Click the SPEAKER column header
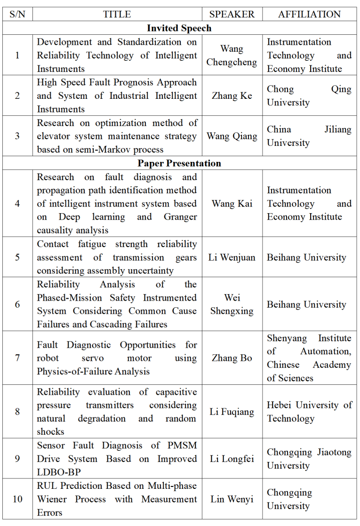click(x=232, y=14)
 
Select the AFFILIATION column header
click(x=309, y=14)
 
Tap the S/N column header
click(x=17, y=14)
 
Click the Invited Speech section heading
click(x=179, y=28)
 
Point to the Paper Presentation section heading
click(x=179, y=163)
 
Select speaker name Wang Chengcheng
click(x=232, y=56)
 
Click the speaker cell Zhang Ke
click(x=232, y=96)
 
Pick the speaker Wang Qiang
click(x=232, y=136)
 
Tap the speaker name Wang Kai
click(x=232, y=204)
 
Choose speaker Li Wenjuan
click(x=232, y=257)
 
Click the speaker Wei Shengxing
click(x=232, y=304)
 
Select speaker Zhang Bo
click(x=232, y=358)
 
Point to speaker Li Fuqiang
click(x=232, y=412)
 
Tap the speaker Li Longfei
click(x=232, y=459)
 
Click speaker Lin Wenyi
click(x=232, y=499)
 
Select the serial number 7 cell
click(x=17, y=358)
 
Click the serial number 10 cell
click(x=17, y=499)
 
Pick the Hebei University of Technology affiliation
click(x=309, y=412)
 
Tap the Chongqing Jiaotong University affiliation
click(x=309, y=459)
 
